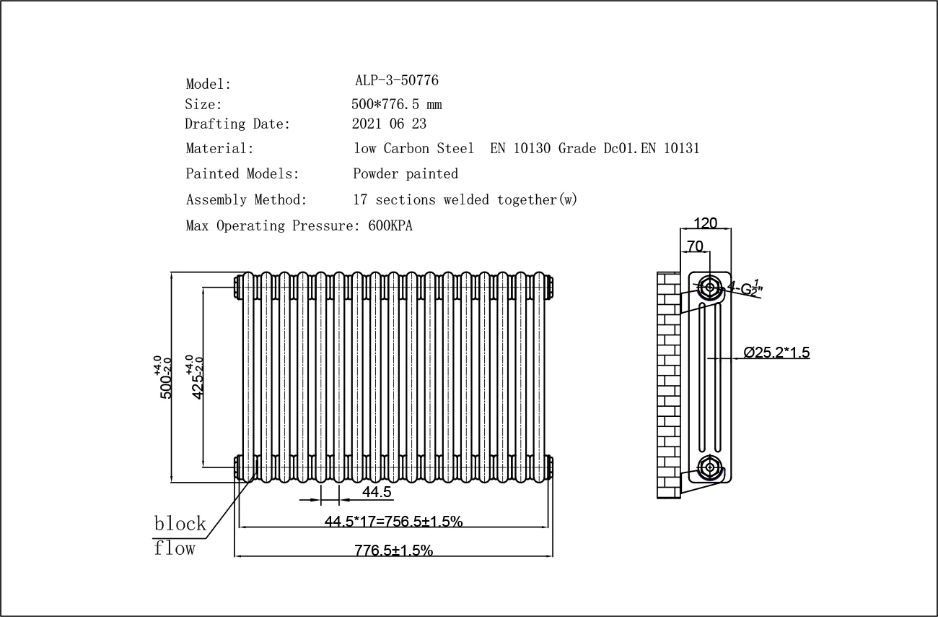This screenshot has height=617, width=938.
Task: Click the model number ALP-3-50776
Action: point(396,80)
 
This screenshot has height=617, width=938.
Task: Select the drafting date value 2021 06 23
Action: point(389,124)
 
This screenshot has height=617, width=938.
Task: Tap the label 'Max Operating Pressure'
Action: point(271,226)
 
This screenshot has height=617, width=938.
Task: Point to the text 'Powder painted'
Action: point(406,174)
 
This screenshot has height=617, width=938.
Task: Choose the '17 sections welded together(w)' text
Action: point(465,200)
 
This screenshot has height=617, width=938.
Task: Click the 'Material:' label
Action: point(220,149)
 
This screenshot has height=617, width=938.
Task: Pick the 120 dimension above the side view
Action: point(705,223)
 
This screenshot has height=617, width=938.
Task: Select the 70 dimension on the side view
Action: point(695,246)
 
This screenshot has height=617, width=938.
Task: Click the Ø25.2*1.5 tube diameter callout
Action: point(776,353)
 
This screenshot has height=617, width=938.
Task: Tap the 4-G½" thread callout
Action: point(745,287)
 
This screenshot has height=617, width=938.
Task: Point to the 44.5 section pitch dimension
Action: point(377,492)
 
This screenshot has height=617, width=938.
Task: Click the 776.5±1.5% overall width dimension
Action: point(393,551)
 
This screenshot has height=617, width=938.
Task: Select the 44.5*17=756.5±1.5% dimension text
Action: point(393,521)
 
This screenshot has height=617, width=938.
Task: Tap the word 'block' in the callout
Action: point(180,523)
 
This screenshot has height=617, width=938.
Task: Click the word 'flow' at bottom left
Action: point(175,548)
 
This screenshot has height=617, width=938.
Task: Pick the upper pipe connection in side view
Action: point(710,288)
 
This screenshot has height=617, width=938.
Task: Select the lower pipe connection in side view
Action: point(710,467)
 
